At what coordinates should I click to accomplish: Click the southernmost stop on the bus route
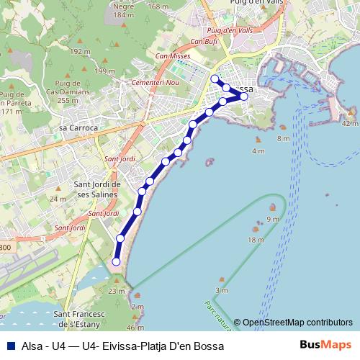[x=117, y=262]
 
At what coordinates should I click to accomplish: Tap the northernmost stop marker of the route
[x=215, y=78]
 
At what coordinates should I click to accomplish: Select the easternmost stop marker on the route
[x=244, y=96]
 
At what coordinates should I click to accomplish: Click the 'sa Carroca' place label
[x=78, y=127]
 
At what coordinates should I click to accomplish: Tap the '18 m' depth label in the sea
[x=256, y=240]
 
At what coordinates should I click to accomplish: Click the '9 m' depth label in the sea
[x=272, y=219]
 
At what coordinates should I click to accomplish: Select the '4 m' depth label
[x=258, y=150]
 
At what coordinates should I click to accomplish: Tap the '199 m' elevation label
[x=105, y=71]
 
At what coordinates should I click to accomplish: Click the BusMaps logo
[x=325, y=345]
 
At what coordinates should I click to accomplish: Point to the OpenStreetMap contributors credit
[x=297, y=323]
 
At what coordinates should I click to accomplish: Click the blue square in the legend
[x=10, y=346]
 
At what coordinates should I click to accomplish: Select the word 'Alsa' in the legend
[x=32, y=346]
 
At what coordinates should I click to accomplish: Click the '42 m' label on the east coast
[x=350, y=123]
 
